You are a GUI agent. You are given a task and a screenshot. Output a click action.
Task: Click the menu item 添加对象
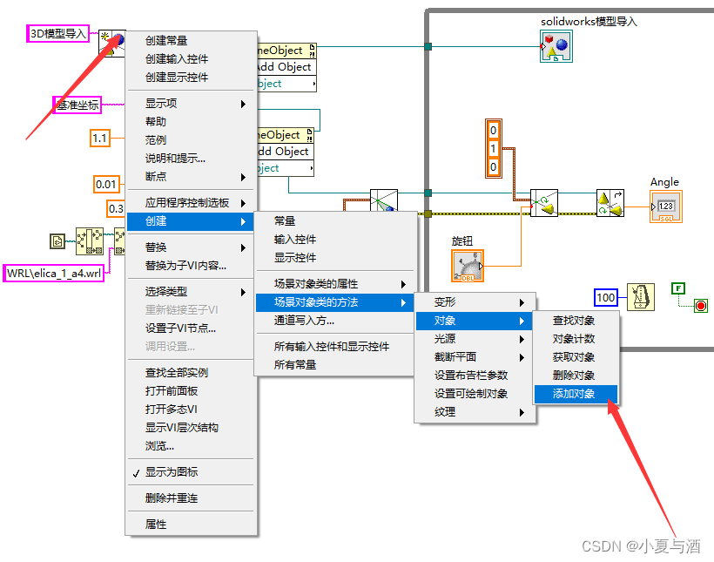pyautogui.click(x=575, y=394)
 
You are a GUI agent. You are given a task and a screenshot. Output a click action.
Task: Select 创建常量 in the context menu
pyautogui.click(x=166, y=40)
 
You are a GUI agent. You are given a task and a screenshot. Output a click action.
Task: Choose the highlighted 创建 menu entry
pyautogui.click(x=156, y=221)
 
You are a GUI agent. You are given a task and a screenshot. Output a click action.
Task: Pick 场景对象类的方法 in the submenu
pyautogui.click(x=316, y=302)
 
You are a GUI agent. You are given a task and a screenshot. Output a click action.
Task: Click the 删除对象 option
pyautogui.click(x=575, y=376)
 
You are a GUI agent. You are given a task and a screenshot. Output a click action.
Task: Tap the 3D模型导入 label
pyautogui.click(x=59, y=34)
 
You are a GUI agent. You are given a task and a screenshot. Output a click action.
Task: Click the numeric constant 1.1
pyautogui.click(x=99, y=138)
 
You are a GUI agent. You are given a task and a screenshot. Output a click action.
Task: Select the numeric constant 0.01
pyautogui.click(x=105, y=184)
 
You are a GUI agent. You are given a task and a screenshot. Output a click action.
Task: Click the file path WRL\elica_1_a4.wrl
pyautogui.click(x=55, y=273)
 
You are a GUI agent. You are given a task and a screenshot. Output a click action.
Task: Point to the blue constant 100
pyautogui.click(x=606, y=298)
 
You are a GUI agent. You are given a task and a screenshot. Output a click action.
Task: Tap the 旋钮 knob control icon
pyautogui.click(x=468, y=265)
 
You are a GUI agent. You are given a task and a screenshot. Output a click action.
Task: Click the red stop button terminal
pyautogui.click(x=700, y=305)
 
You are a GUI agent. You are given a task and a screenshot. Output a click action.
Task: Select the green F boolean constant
pyautogui.click(x=678, y=288)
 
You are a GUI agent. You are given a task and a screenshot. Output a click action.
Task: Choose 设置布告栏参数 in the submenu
pyautogui.click(x=471, y=376)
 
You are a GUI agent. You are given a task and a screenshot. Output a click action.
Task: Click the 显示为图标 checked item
pyautogui.click(x=172, y=472)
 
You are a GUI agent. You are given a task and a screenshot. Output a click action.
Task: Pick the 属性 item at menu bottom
pyautogui.click(x=156, y=525)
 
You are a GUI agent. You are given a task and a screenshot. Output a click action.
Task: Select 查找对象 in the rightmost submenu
pyautogui.click(x=575, y=321)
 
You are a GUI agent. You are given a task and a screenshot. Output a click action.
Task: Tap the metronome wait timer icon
pyautogui.click(x=642, y=297)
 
